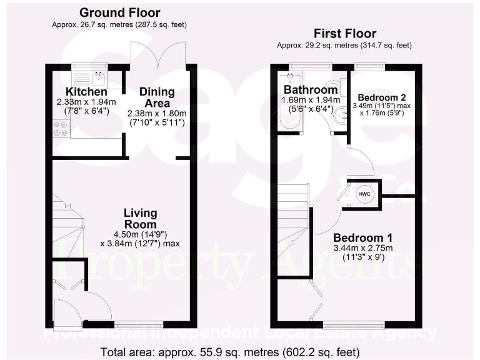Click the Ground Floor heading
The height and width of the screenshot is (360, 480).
tap(119, 12)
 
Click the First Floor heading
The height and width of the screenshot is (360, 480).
tap(345, 33)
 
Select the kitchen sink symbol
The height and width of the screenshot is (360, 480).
tap(90, 79)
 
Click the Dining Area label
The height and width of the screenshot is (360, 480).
tap(157, 97)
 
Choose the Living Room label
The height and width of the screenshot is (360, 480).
tap(140, 218)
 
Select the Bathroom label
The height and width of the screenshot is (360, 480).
tap(310, 89)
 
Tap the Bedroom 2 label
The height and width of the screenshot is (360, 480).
tap(381, 97)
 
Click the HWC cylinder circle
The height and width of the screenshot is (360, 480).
tap(364, 194)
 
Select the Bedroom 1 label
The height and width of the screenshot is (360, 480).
tap(362, 238)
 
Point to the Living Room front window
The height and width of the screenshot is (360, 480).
tap(138, 324)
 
